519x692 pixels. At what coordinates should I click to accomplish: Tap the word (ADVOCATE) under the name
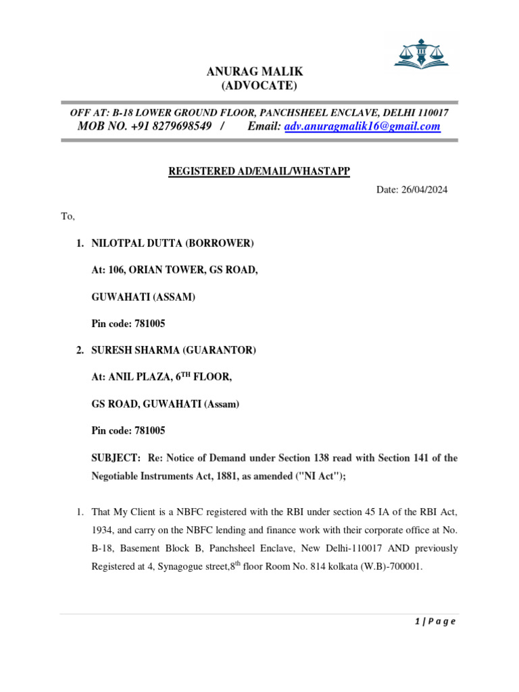259,85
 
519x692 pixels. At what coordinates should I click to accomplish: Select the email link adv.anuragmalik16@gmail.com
362,126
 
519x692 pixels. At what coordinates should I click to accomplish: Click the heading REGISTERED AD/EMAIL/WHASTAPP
259,172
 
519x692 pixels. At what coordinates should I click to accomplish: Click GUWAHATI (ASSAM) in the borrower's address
143,297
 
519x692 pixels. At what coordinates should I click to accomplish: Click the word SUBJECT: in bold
116,458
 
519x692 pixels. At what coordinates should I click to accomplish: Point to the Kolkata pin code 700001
406,568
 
